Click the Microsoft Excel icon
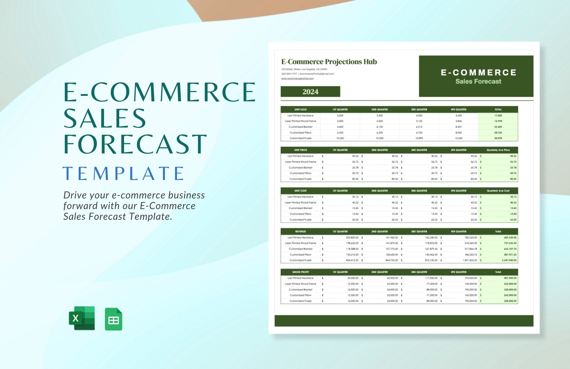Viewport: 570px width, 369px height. [82, 318]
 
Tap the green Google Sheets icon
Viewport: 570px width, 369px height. [113, 319]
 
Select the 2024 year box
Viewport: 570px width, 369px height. [310, 92]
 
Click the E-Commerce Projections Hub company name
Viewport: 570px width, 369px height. [329, 62]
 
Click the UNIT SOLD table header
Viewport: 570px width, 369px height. [301, 109]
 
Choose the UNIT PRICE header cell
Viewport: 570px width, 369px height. [301, 150]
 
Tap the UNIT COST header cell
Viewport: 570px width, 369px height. [301, 191]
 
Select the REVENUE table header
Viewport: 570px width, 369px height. [301, 231]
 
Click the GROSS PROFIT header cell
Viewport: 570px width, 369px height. [301, 272]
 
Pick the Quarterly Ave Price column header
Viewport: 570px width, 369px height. [498, 150]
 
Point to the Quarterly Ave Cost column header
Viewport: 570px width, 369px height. [498, 191]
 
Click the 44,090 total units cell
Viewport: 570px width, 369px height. [498, 138]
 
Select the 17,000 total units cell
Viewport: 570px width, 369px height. [498, 116]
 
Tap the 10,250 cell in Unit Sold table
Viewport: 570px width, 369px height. [340, 138]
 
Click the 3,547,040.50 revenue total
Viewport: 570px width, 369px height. [509, 260]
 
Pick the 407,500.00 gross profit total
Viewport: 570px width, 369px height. [510, 278]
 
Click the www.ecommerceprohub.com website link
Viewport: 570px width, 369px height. [297, 78]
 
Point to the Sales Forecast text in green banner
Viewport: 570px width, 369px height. [478, 82]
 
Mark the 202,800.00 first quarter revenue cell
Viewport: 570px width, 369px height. [352, 238]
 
